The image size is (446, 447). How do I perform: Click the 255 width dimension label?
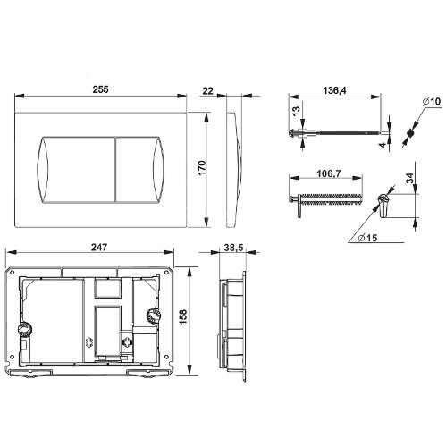(100, 89)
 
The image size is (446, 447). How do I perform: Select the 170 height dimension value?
(202, 168)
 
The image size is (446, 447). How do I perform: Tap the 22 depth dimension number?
(207, 90)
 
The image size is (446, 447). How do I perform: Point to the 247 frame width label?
(99, 248)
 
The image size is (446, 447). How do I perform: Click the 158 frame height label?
(183, 316)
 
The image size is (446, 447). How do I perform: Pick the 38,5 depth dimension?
(233, 248)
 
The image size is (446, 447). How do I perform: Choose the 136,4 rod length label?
(334, 90)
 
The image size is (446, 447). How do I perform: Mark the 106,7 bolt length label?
(329, 173)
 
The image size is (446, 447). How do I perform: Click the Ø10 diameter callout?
(432, 102)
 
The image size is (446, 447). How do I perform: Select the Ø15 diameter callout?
(368, 238)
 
